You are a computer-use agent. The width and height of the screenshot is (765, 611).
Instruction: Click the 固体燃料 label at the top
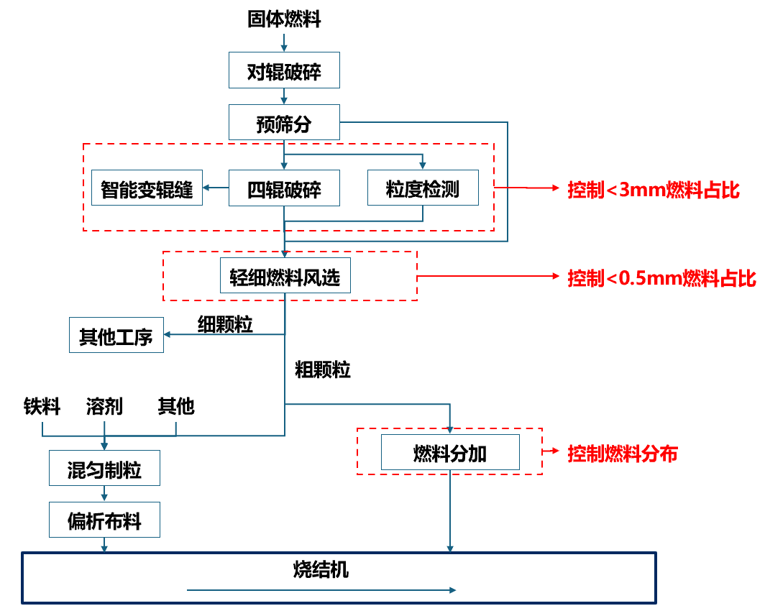point(284,19)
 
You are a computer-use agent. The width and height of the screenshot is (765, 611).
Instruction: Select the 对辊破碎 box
point(284,70)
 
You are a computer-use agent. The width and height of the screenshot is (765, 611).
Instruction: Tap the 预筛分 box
point(284,123)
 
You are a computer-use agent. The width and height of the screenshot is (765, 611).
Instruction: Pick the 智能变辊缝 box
point(147,188)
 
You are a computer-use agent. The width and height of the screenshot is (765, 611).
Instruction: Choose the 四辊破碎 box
point(284,188)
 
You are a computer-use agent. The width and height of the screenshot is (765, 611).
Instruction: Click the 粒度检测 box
point(422,188)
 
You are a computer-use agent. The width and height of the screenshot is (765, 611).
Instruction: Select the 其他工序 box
point(116,336)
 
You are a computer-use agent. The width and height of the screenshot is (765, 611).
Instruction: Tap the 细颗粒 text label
point(225,324)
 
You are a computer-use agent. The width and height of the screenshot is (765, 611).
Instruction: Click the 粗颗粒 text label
point(323,370)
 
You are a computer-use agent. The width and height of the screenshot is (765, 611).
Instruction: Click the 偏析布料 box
point(104,520)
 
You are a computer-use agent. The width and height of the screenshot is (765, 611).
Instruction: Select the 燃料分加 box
point(450,453)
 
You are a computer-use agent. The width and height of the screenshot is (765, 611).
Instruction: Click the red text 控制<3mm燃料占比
point(653,190)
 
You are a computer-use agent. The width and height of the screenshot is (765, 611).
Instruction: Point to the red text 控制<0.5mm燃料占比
point(661,277)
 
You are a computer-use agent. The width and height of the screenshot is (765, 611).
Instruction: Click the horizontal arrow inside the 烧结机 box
point(321,590)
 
